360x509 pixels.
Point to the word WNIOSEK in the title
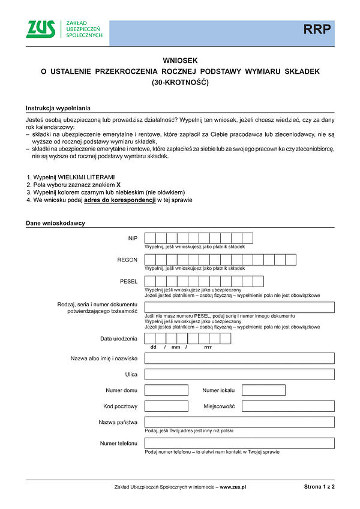point(180,61)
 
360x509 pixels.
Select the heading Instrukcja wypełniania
point(58,109)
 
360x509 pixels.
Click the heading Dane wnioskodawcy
point(55,223)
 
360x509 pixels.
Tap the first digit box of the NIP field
point(151,238)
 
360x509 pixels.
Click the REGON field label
point(127,260)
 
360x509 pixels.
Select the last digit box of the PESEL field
point(258,281)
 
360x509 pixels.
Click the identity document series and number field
point(239,308)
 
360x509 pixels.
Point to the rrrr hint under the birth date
point(208,347)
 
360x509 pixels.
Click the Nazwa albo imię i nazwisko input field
point(239,359)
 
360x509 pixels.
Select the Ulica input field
point(239,375)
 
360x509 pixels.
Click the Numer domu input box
point(166,390)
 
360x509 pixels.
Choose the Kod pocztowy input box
point(166,406)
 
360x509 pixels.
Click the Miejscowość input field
point(288,406)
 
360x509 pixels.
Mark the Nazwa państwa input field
point(239,422)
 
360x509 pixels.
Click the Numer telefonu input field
point(239,444)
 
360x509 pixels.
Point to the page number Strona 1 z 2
point(319,487)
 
